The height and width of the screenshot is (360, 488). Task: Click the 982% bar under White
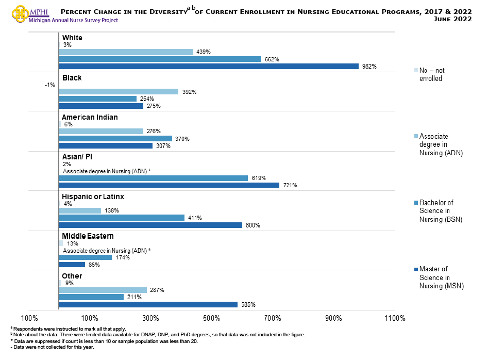pos(209,66)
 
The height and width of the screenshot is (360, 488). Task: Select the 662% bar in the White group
pos(160,59)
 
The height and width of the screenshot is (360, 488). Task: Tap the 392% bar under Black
pos(119,91)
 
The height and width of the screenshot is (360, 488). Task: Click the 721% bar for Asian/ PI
pos(169,185)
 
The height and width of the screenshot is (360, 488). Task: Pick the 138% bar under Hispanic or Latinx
pos(80,210)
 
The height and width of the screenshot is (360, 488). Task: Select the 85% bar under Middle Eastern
pos(72,265)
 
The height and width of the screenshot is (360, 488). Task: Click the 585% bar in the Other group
pos(148,304)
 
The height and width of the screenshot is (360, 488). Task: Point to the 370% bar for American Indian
pos(115,138)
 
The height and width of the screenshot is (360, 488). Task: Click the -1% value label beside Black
pos(50,85)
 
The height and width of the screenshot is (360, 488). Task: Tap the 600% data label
pos(253,225)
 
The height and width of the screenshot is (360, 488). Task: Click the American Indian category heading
pos(90,117)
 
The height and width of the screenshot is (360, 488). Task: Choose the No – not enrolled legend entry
pos(432,74)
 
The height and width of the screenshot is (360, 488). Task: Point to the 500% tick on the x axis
pos(212,318)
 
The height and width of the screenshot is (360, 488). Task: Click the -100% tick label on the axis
pos(29,318)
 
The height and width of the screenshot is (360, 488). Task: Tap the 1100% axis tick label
pos(395,318)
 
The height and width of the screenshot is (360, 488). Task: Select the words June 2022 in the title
pos(453,19)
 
